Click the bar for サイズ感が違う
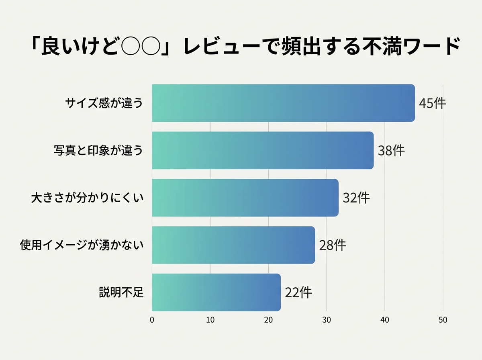pos(283,103)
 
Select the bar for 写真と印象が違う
pos(263,150)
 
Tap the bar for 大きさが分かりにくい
pos(245,198)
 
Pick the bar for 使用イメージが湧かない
pos(233,245)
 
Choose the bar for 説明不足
pos(216,292)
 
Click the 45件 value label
pos(432,103)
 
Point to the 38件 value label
pos(391,151)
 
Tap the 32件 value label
pos(356,198)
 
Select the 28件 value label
pos(333,245)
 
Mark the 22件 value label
pos(298,292)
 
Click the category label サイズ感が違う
pos(104,103)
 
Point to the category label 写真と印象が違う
pos(98,151)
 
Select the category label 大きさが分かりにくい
pos(87,198)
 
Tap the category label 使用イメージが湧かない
pos(82,245)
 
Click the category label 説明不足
pos(121,292)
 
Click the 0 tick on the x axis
pos(152,320)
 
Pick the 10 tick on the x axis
pos(210,320)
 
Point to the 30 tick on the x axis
pos(327,320)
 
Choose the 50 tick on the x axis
pos(443,320)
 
